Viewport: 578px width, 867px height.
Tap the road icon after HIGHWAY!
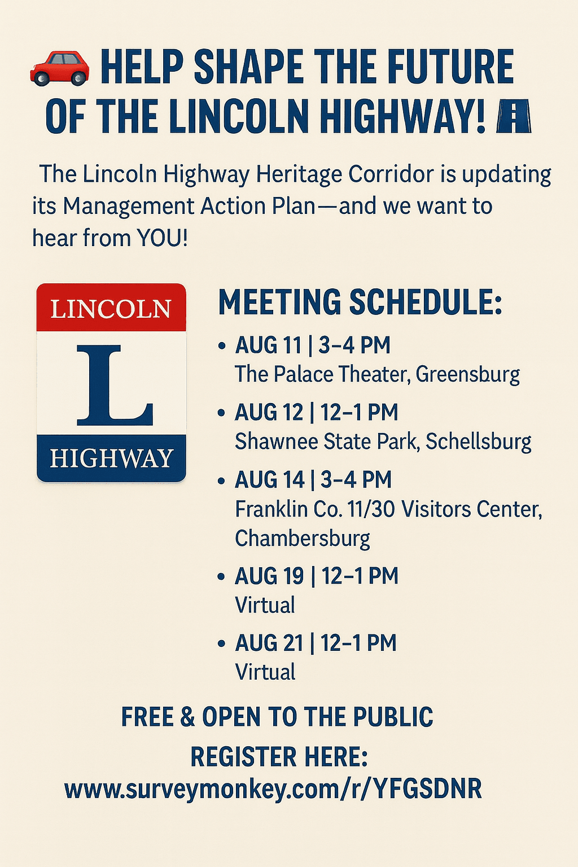pos(513,115)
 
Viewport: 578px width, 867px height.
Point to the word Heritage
pos(298,175)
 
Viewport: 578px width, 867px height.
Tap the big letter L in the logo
pos(115,384)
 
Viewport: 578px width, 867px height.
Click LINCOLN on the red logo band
pos(111,309)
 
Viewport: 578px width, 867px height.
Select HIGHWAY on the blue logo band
pos(111,458)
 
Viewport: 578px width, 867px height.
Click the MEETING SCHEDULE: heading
pos(360,301)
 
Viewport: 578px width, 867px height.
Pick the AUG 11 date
pos(268,345)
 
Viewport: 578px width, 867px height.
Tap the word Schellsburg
pos(479,441)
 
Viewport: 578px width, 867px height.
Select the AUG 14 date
pos(270,479)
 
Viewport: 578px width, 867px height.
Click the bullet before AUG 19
pos(222,577)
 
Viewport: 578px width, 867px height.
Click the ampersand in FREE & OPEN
pos(188,716)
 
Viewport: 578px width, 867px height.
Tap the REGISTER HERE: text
pos(279,757)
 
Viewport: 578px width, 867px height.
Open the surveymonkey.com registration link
pos(273,789)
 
